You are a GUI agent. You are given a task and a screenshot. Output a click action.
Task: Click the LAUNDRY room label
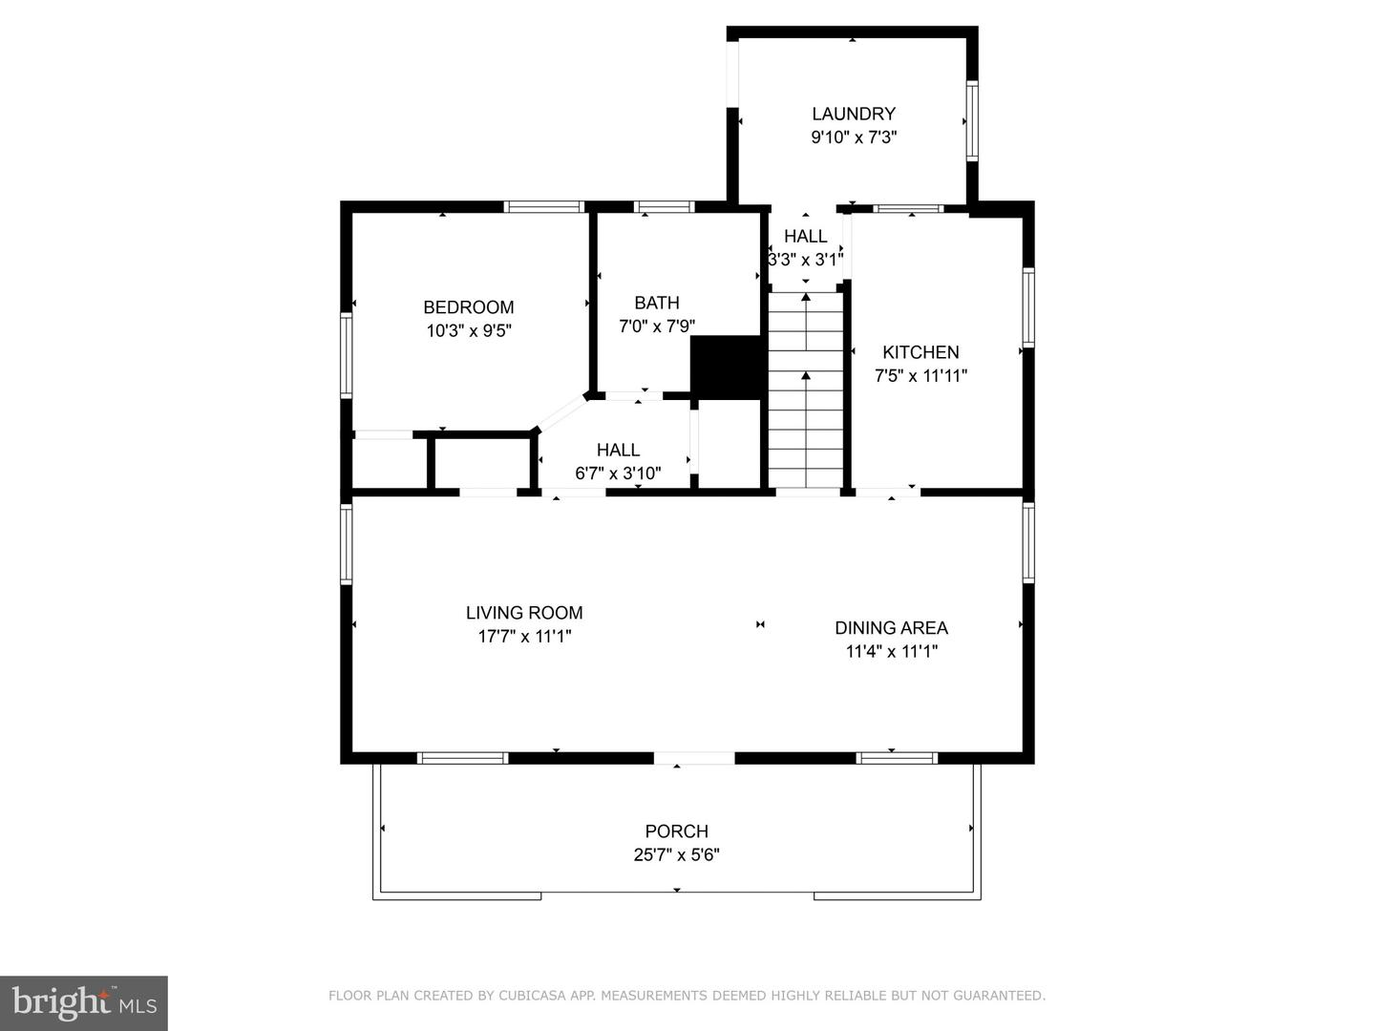click(x=853, y=114)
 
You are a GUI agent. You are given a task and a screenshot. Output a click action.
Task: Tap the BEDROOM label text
click(x=468, y=307)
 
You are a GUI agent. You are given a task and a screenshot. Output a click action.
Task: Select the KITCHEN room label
click(x=920, y=352)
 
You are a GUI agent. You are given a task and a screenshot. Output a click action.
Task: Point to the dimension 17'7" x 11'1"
click(x=524, y=637)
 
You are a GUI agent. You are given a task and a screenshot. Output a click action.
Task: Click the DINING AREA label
click(x=891, y=628)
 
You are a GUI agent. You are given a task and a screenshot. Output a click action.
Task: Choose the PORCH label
click(x=676, y=831)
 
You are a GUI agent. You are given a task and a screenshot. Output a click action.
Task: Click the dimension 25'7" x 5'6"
click(x=676, y=855)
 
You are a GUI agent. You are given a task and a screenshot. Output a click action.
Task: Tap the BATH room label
click(x=657, y=304)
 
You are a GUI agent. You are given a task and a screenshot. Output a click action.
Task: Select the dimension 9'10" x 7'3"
click(x=853, y=137)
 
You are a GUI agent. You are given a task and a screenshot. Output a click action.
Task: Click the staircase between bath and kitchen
click(x=806, y=391)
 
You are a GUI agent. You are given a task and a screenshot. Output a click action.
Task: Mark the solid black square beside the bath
click(x=727, y=365)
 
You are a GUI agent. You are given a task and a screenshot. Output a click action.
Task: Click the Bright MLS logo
click(x=83, y=1002)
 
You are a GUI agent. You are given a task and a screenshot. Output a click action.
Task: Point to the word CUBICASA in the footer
click(x=531, y=996)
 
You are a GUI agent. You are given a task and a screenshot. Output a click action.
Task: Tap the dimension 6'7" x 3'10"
click(x=618, y=473)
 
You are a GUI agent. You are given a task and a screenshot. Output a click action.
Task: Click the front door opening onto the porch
click(x=694, y=758)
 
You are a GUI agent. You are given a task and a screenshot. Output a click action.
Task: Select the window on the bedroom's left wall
click(x=347, y=355)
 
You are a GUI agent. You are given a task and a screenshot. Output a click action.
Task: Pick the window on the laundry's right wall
click(x=972, y=121)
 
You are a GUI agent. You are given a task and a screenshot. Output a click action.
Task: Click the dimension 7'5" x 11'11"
click(x=920, y=376)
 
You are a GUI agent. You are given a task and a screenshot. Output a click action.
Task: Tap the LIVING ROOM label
click(x=524, y=613)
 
